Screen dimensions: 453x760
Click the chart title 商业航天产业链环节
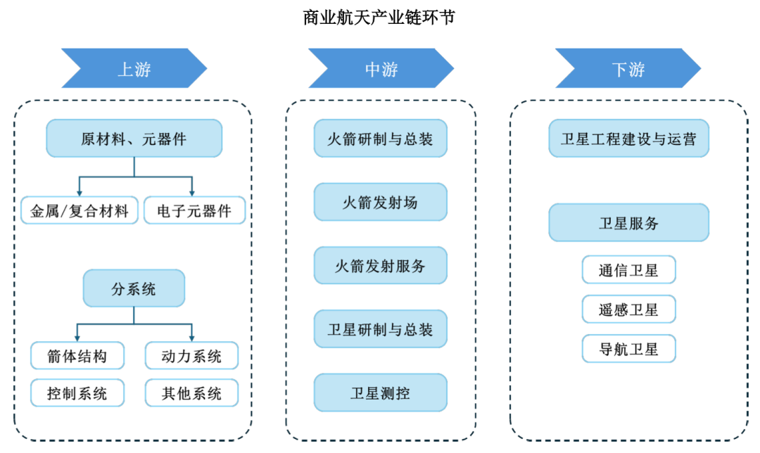click(x=379, y=17)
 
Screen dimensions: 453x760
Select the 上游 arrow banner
click(x=134, y=69)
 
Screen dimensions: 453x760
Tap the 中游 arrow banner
click(x=381, y=69)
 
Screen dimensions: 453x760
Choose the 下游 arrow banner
click(x=628, y=69)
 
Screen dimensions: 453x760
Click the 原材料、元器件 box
click(x=134, y=138)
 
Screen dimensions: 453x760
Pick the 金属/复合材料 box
click(x=79, y=211)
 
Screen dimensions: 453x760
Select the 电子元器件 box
click(x=194, y=211)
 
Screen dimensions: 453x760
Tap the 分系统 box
click(x=134, y=288)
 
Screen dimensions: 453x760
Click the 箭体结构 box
click(x=77, y=356)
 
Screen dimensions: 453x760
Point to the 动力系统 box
click(x=192, y=356)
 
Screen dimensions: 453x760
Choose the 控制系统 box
click(x=77, y=393)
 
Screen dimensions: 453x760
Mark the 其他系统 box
click(x=192, y=393)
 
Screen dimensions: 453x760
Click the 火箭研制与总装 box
click(x=380, y=139)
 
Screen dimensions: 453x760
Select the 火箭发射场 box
click(x=380, y=202)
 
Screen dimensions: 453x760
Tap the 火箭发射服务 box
click(x=380, y=265)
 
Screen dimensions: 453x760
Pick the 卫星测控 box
click(x=380, y=393)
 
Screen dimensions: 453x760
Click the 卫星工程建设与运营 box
click(x=628, y=139)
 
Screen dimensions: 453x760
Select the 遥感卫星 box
click(x=628, y=310)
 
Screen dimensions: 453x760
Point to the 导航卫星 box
click(x=628, y=349)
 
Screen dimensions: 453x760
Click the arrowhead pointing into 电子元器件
click(x=191, y=191)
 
